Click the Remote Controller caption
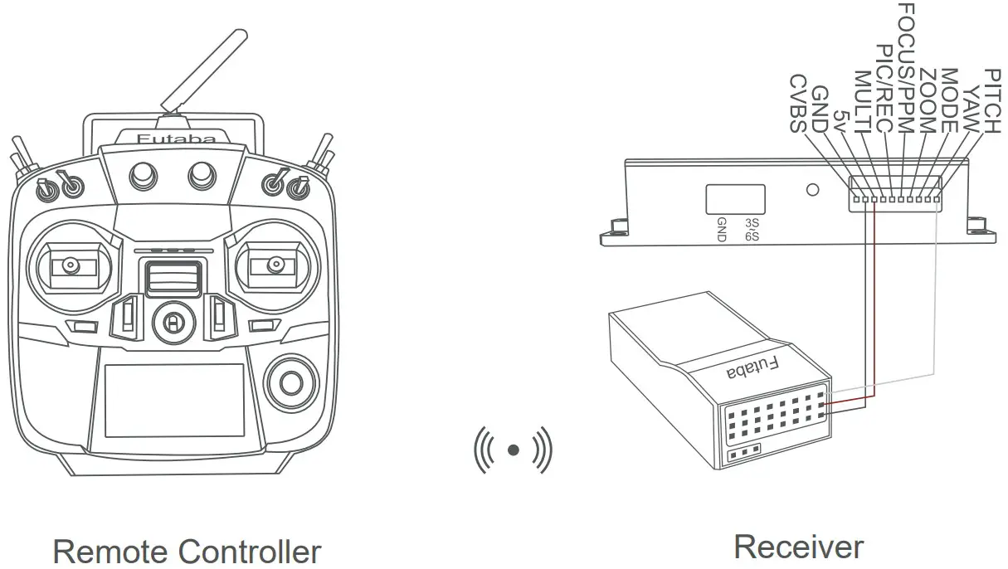pyautogui.click(x=187, y=551)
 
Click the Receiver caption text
pyautogui.click(x=798, y=547)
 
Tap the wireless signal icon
pyautogui.click(x=513, y=450)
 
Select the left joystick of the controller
pyautogui.click(x=70, y=267)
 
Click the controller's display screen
pyautogui.click(x=174, y=399)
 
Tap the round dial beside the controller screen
pyautogui.click(x=290, y=382)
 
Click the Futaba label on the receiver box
pyautogui.click(x=753, y=368)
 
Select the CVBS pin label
pyautogui.click(x=797, y=104)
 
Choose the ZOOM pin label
pyautogui.click(x=928, y=101)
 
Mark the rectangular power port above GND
pyautogui.click(x=734, y=199)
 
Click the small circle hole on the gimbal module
pyautogui.click(x=813, y=190)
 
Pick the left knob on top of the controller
pyautogui.click(x=143, y=174)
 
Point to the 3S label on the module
pyautogui.click(x=752, y=223)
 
